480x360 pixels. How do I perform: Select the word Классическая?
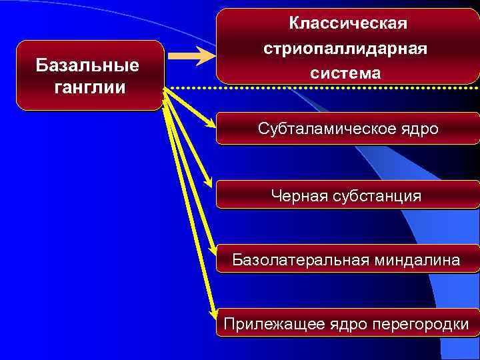(347, 25)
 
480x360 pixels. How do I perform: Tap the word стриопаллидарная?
(345, 49)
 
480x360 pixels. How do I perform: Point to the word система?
(345, 73)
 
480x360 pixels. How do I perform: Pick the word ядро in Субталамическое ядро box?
(418, 129)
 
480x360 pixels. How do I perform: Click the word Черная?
(298, 196)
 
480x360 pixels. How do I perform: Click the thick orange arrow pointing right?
(193, 56)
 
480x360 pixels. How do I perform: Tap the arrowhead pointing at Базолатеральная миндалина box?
(213, 251)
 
